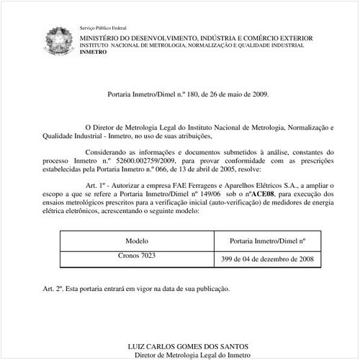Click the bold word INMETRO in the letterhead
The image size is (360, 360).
pos(91,53)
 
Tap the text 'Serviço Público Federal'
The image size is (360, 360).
pos(100,27)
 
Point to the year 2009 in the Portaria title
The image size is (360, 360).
pos(258,94)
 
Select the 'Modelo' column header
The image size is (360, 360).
pos(136,241)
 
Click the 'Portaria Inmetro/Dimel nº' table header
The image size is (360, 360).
pos(266,241)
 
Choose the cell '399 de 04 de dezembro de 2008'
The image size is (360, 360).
pos(266,258)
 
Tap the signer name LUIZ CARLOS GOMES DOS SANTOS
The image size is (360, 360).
pos(180,346)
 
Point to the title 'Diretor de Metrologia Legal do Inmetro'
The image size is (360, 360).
pos(180,355)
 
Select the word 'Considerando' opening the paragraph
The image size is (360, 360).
pos(108,152)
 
